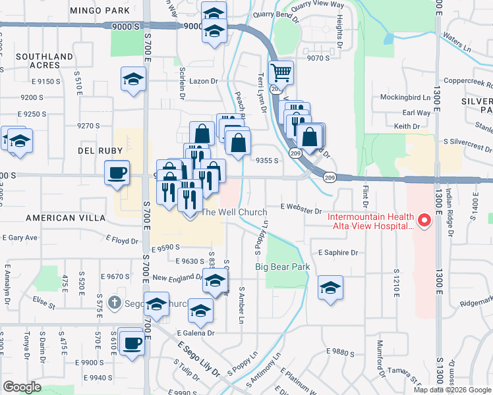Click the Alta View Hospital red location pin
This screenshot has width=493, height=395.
pos(425,221)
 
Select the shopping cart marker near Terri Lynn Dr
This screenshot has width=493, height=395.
pos(281,72)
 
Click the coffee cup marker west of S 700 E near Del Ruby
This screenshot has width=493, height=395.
pos(117,174)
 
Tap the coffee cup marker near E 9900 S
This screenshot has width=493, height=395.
pos(132,343)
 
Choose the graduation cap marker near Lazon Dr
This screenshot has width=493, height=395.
pos(133,80)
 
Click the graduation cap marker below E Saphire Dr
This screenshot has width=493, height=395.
pos(330,288)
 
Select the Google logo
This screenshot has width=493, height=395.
pos(23,387)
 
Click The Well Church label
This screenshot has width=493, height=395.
pos(234,212)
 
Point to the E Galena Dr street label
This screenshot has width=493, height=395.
pos(195,333)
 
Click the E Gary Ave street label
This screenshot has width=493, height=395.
pos(20,237)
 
